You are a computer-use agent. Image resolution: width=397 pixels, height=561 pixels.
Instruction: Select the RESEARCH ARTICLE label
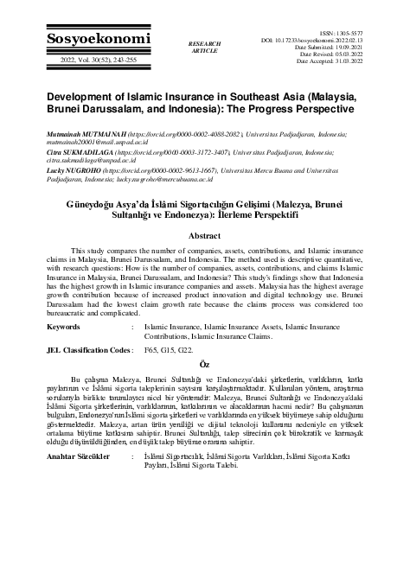[204, 46]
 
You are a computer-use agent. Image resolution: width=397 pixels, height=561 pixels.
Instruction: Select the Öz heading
[199, 364]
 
